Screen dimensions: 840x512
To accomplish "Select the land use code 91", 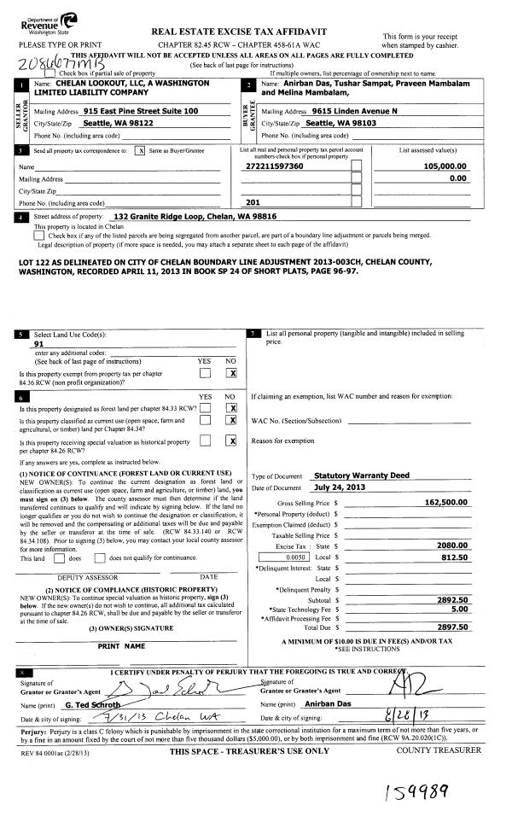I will pos(38,343).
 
